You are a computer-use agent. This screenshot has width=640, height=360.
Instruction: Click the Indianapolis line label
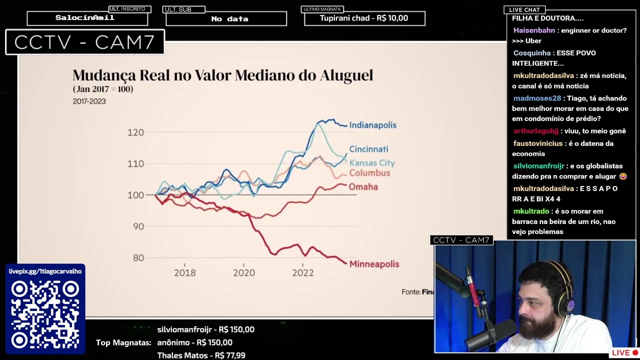tap(372, 125)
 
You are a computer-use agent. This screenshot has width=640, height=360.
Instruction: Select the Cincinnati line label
tap(368, 149)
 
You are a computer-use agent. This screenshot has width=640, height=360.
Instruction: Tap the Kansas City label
tap(372, 163)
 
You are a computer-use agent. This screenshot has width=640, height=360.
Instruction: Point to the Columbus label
tap(369, 173)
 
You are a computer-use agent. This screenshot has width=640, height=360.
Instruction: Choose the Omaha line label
tap(363, 187)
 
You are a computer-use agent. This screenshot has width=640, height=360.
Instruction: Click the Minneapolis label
tap(374, 264)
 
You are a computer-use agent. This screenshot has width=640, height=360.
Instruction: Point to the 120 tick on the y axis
tap(135, 132)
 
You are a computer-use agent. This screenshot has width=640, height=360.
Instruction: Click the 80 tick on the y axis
tap(138, 258)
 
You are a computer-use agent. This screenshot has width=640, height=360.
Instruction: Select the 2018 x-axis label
tap(184, 273)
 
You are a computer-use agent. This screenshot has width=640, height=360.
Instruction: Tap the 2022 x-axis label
tap(302, 273)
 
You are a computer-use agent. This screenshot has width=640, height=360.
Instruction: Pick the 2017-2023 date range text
tap(89, 101)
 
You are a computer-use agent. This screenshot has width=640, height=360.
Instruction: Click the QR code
tap(45, 314)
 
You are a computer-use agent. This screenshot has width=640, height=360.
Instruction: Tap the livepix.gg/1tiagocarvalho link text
tap(45, 271)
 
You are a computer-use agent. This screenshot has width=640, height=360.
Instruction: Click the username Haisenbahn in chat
tap(534, 30)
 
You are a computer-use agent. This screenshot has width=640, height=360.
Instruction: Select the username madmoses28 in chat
tap(537, 98)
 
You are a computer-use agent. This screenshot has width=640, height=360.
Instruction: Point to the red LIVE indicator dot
tap(635, 353)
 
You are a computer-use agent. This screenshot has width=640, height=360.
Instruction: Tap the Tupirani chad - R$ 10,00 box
tap(364, 18)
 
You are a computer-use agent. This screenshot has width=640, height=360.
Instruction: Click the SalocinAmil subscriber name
tap(85, 18)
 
